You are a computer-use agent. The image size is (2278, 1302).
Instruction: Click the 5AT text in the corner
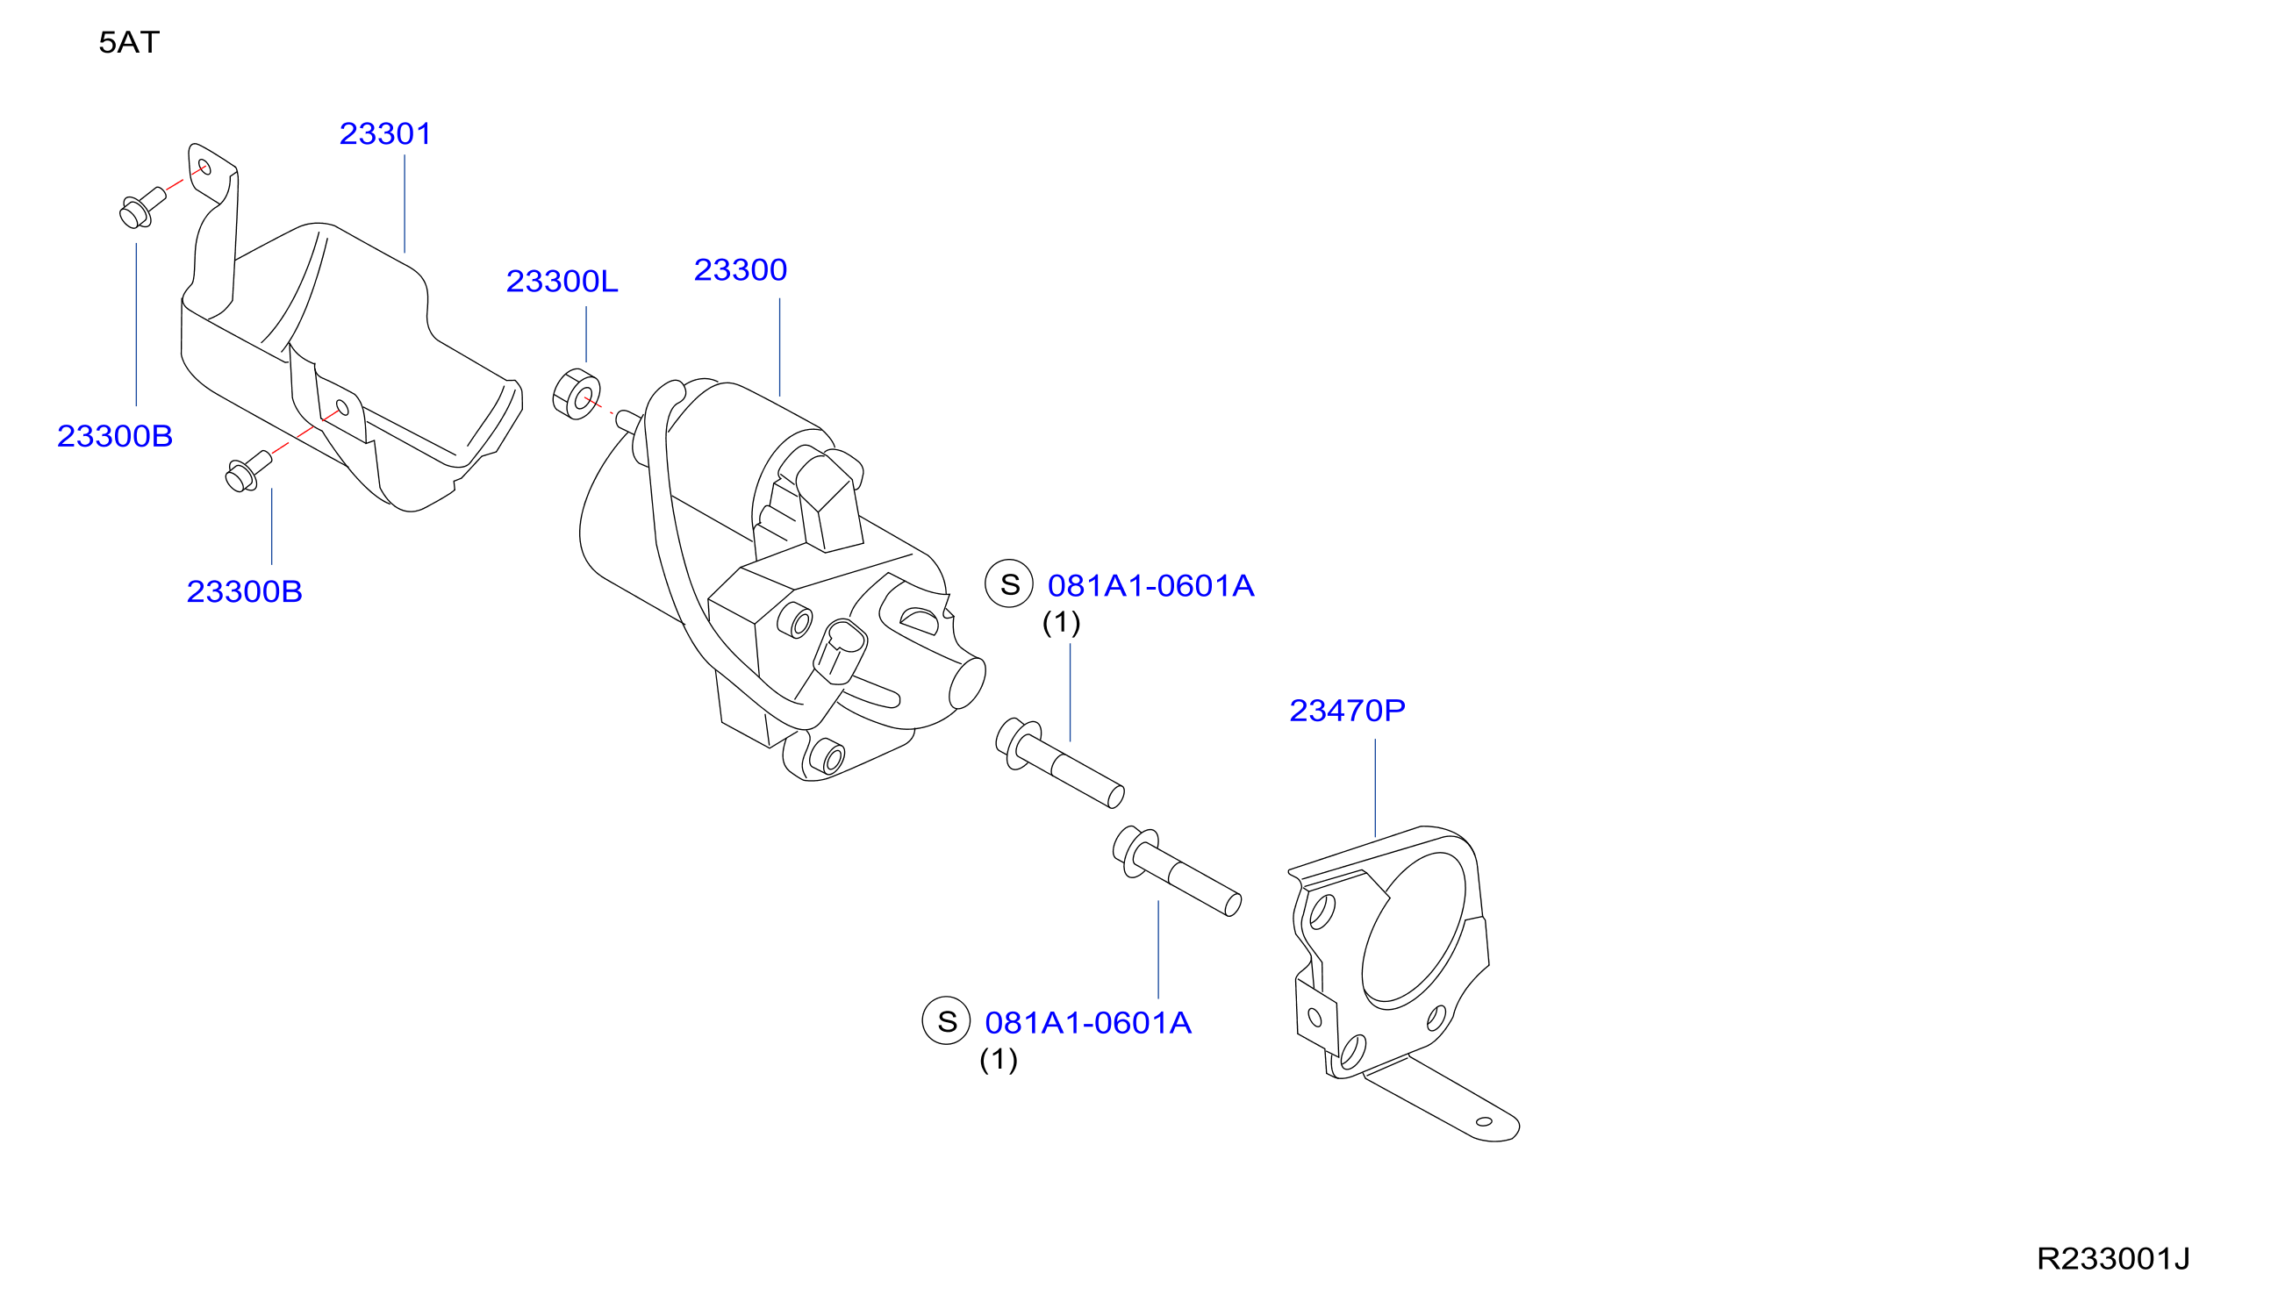129,43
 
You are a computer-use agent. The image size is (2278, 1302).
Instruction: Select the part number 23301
385,134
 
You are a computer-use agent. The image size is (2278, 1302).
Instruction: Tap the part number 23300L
562,282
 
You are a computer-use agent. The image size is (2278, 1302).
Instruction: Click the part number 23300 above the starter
741,270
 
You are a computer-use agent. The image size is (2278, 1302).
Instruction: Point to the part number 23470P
1347,711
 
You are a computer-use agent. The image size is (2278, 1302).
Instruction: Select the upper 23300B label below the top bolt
114,436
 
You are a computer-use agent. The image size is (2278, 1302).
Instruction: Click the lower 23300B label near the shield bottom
244,592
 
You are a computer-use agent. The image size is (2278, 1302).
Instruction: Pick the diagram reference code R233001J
2113,1259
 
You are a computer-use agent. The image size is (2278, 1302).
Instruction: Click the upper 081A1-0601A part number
1151,587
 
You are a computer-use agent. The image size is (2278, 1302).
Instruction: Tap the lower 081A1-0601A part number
1088,1023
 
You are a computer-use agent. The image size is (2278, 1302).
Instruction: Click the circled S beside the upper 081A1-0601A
1010,584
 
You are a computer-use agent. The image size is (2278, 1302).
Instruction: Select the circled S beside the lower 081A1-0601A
946,1021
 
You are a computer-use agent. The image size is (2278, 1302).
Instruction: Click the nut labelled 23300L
577,394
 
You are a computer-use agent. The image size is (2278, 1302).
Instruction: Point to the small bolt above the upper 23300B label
142,207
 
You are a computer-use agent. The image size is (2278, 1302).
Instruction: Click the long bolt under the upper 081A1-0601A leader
1060,762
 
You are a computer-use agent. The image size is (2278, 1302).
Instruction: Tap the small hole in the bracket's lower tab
1484,1122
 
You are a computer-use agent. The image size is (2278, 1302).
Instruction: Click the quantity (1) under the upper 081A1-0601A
1062,622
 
